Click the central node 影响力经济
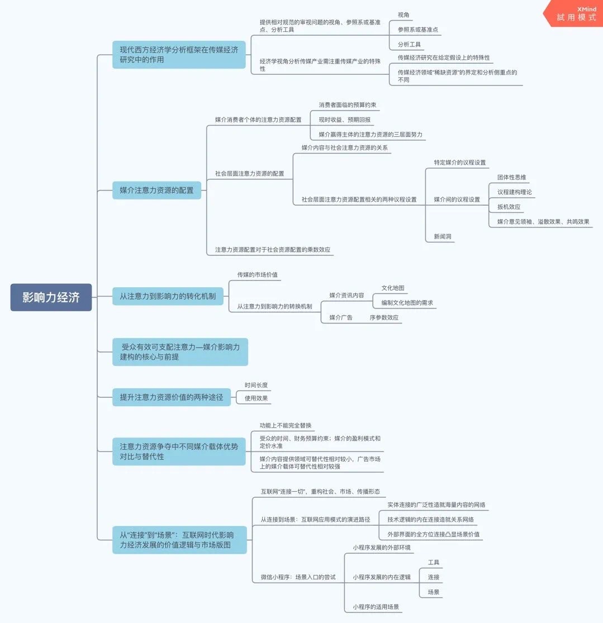tap(51, 297)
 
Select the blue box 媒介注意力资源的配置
tap(156, 190)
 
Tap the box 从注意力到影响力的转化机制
tap(168, 296)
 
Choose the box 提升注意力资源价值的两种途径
tap(171, 397)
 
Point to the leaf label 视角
tap(403, 15)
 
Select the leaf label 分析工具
tap(409, 44)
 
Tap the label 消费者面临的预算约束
tap(343, 104)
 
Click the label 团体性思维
tap(511, 177)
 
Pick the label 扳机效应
tap(509, 207)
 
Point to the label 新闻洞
tap(443, 237)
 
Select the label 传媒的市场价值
tap(257, 274)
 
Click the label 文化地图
tap(393, 288)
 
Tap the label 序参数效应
tap(384, 317)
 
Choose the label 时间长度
tap(256, 385)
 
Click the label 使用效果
tap(256, 398)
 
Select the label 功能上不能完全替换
tap(286, 426)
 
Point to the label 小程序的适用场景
tap(376, 606)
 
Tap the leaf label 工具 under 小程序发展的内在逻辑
tap(434, 562)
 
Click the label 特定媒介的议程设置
tap(460, 162)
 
